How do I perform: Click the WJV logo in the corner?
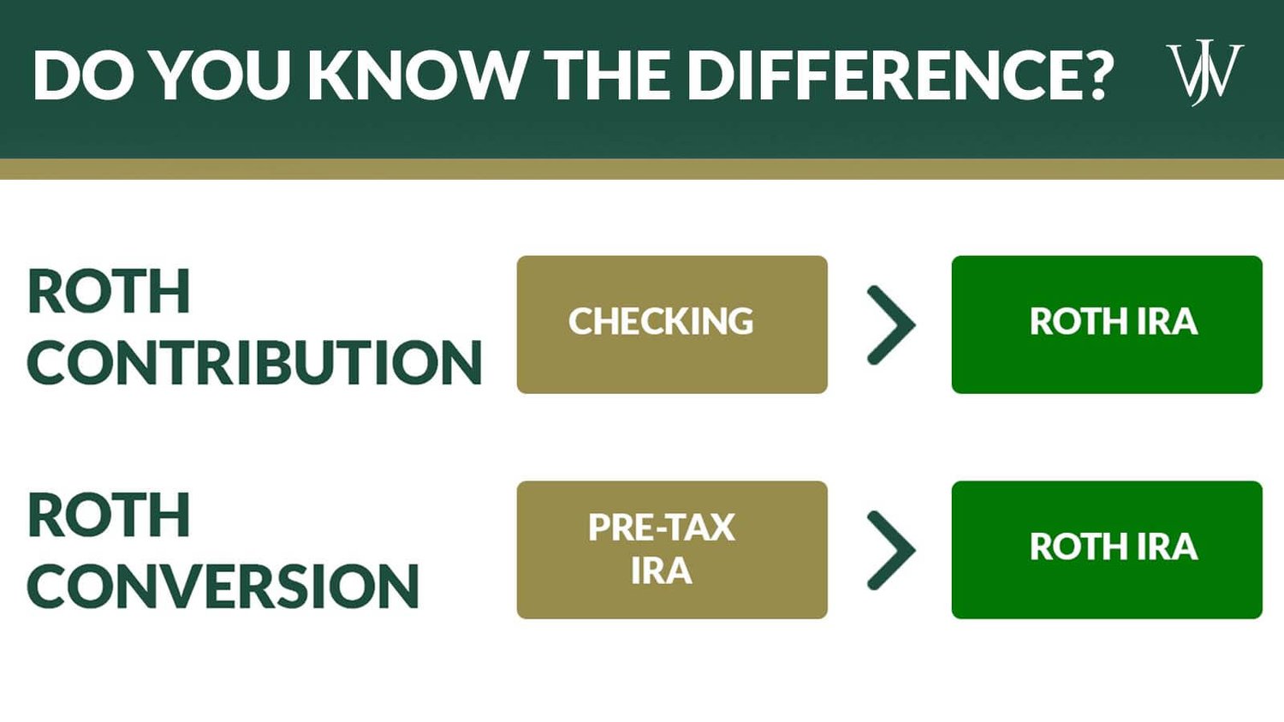click(1204, 72)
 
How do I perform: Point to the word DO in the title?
click(84, 75)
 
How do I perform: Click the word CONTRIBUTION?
click(255, 362)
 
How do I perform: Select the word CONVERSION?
click(223, 587)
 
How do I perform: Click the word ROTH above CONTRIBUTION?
click(109, 292)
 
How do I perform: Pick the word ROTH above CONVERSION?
click(109, 516)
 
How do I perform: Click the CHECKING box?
click(672, 325)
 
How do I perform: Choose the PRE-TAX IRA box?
click(672, 550)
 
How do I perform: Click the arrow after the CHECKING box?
click(891, 325)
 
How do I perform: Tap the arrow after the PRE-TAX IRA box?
click(891, 551)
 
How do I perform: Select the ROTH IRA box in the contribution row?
click(1107, 325)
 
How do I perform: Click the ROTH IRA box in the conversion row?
click(1107, 550)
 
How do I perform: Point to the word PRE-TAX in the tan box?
click(662, 528)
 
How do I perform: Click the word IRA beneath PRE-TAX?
click(661, 571)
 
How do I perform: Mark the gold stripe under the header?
click(642, 169)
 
